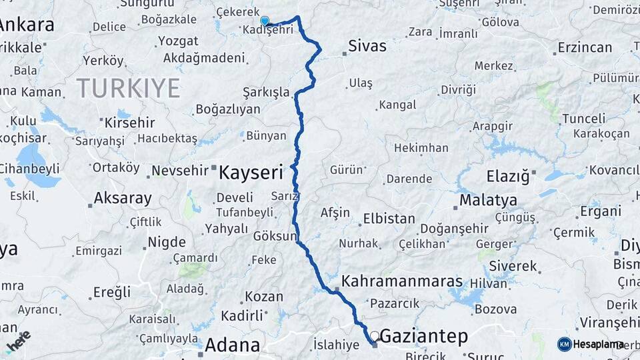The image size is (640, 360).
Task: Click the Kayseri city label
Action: tap(251, 172)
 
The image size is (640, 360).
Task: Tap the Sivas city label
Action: tap(367, 46)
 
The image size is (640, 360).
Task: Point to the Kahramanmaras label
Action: tap(402, 281)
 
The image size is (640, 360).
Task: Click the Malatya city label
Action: tap(488, 200)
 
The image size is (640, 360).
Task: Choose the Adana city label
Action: tap(232, 345)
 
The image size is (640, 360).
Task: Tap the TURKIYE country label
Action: tap(128, 88)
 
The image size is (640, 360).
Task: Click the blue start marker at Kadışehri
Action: tap(265, 21)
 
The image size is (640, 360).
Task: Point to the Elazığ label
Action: tap(508, 177)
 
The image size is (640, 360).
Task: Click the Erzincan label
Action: tap(585, 47)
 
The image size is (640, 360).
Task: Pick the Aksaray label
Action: tap(122, 199)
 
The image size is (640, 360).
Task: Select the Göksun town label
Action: tap(275, 237)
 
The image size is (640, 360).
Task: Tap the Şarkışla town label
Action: tap(266, 92)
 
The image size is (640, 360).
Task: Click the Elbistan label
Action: tap(389, 219)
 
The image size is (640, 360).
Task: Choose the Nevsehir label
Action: tap(180, 171)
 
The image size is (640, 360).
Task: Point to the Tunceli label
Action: tap(583, 118)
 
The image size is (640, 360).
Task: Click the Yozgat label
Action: tap(178, 41)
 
